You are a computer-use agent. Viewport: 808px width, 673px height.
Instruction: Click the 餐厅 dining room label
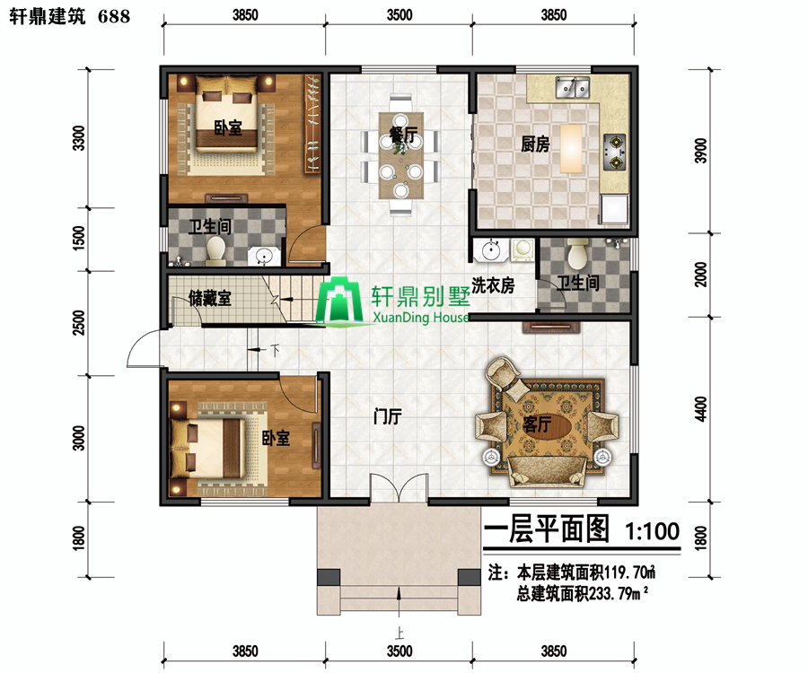(403, 135)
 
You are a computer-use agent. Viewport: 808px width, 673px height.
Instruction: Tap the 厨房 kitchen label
(535, 144)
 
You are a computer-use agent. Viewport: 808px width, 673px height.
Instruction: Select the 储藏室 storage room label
(210, 298)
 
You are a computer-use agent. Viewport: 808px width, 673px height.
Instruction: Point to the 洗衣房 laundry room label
(493, 284)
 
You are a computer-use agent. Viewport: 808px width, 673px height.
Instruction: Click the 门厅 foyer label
(388, 416)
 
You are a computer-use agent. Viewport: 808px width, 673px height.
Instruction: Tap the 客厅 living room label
(537, 424)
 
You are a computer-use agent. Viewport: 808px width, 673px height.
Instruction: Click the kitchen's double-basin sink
(573, 87)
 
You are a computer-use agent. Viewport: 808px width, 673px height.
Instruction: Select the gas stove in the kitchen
(615, 152)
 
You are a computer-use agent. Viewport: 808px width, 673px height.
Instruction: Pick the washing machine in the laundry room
(523, 249)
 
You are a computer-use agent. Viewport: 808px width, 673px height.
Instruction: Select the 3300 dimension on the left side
(79, 138)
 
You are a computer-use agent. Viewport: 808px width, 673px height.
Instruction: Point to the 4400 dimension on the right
(701, 409)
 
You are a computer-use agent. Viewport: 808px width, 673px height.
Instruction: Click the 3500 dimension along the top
(400, 15)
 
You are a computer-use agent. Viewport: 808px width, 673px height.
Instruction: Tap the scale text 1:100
(653, 531)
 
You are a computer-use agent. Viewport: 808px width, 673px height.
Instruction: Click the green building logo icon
(339, 301)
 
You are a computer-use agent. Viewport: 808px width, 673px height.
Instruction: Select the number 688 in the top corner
(114, 16)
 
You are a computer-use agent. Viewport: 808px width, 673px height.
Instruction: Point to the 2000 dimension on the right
(701, 275)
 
